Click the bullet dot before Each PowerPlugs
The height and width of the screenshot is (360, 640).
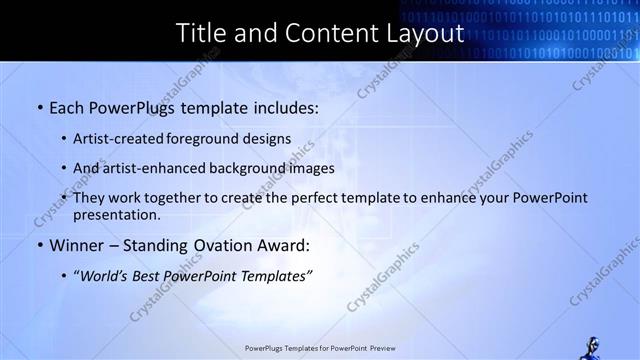tap(39, 105)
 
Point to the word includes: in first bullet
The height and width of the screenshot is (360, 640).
tap(280, 105)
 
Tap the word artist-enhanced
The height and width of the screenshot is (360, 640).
tap(153, 168)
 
